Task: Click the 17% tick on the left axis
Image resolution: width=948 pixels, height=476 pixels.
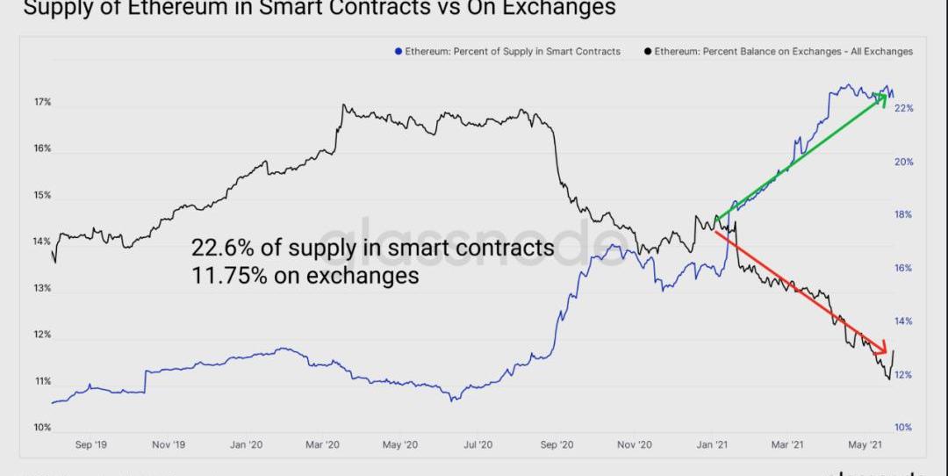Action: pos(42,103)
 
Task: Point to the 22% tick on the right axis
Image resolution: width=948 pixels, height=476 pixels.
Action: pos(904,109)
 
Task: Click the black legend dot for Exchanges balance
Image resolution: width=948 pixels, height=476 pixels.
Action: pos(648,52)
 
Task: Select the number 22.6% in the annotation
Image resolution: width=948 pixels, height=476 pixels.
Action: pos(221,249)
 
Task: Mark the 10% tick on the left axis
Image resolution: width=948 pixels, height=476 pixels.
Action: pos(42,428)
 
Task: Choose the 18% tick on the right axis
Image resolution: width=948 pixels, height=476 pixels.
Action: pos(904,215)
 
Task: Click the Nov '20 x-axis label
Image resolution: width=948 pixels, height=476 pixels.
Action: pos(634,445)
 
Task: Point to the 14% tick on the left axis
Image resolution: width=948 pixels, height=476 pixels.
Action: pos(42,242)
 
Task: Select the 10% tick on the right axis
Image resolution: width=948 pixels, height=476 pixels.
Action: pos(904,428)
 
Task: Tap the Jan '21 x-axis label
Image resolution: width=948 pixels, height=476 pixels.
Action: pos(713,445)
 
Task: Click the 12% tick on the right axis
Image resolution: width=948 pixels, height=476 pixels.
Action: pos(904,375)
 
